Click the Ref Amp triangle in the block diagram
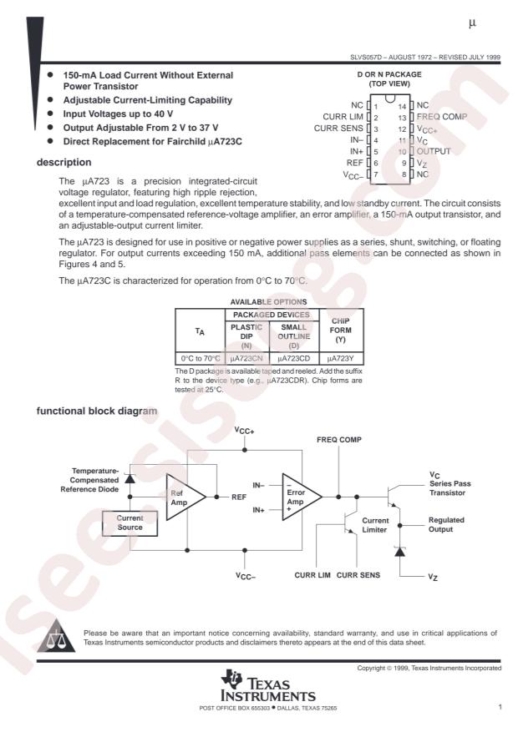181,497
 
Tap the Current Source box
124,523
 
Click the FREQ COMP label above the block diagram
338,438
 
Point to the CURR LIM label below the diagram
313,576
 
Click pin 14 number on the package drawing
404,106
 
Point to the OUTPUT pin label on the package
433,152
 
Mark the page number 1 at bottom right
500,708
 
